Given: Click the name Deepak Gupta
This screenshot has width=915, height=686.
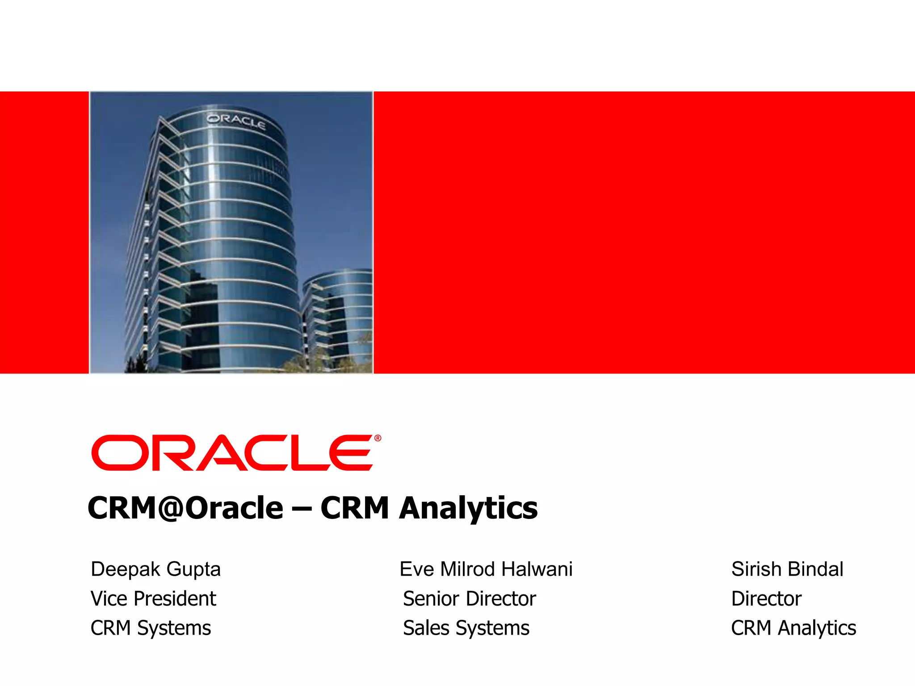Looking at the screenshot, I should tap(155, 569).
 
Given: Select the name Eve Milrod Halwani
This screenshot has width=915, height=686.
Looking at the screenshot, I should tap(486, 569).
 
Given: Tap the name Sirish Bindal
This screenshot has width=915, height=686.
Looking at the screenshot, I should tap(787, 569).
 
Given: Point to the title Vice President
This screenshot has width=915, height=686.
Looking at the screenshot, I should tap(153, 599).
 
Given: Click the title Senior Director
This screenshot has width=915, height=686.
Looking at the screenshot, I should tap(469, 599).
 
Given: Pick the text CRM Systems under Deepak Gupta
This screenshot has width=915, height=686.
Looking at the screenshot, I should tap(151, 628).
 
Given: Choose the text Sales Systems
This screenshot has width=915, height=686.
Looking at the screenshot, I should tap(466, 628).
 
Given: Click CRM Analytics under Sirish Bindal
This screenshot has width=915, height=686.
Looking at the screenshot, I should tap(793, 628).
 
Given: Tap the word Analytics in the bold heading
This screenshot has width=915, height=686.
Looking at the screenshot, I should tap(468, 509).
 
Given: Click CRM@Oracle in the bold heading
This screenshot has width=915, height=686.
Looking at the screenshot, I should tap(185, 508).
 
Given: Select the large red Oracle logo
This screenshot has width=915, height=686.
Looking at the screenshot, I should tap(232, 452).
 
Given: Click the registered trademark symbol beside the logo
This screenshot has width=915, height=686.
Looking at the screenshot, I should tap(378, 438).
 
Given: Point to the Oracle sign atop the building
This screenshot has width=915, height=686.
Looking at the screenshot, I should tap(236, 121).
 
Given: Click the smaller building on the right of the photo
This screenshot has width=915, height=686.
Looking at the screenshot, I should tap(337, 313).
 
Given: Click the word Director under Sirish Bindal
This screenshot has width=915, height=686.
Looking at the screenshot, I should tap(766, 599).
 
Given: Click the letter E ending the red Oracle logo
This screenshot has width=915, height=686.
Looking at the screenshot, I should tap(351, 453).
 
